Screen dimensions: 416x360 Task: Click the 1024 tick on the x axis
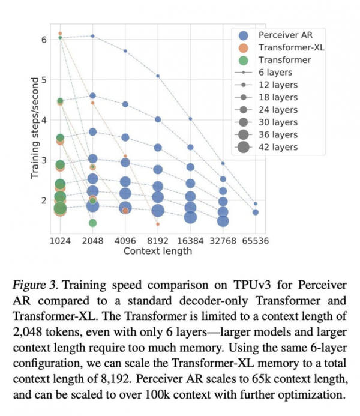tap(60, 241)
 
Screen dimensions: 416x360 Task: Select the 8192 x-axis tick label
tap(158, 241)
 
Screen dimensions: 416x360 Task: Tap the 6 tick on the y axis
tap(44, 40)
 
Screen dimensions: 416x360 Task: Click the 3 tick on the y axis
tap(44, 160)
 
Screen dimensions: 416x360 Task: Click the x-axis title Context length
tap(158, 251)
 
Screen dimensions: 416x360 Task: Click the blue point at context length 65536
tap(256, 212)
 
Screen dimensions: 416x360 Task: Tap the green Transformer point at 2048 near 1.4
tap(93, 223)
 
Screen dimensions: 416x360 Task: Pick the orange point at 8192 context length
tap(158, 224)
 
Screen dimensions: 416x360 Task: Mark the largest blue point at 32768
tap(223, 221)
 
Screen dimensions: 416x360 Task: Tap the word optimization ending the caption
tap(310, 394)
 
